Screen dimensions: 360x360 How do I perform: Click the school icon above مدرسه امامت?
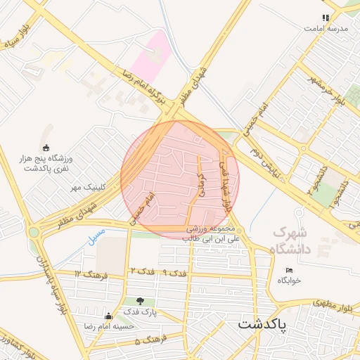325,18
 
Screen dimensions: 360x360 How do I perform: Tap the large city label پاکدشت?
263,324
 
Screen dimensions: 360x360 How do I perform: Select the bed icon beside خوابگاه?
289,270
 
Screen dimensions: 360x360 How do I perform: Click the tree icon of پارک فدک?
140,301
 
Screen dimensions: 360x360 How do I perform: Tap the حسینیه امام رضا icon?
108,316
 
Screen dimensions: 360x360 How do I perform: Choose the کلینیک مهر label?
87,188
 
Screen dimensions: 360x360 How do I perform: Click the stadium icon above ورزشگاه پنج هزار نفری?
46,148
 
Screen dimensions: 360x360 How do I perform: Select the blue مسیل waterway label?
96,236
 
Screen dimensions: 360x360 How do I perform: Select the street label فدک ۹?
175,271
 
